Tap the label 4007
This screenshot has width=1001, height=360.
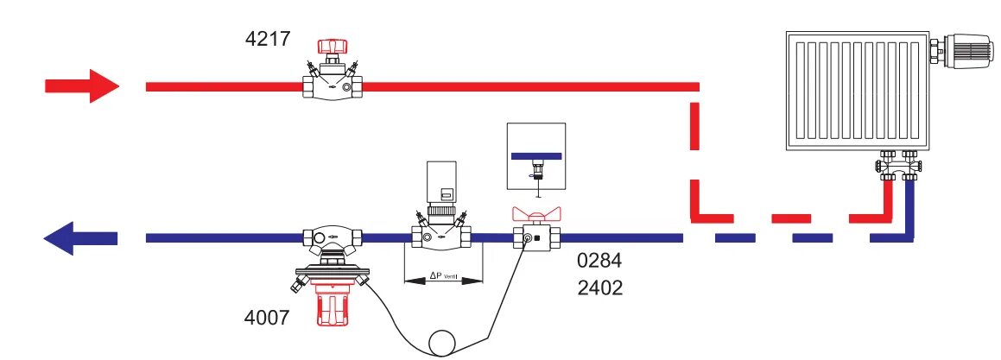267,318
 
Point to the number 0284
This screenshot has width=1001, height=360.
599,260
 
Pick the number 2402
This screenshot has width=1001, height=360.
599,287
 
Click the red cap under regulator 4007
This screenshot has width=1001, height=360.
332,307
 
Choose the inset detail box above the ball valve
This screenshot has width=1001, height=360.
536,158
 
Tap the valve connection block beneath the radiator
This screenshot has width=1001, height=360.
898,161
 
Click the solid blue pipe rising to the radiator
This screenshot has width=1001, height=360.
909,207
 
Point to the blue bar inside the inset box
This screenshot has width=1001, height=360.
536,155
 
